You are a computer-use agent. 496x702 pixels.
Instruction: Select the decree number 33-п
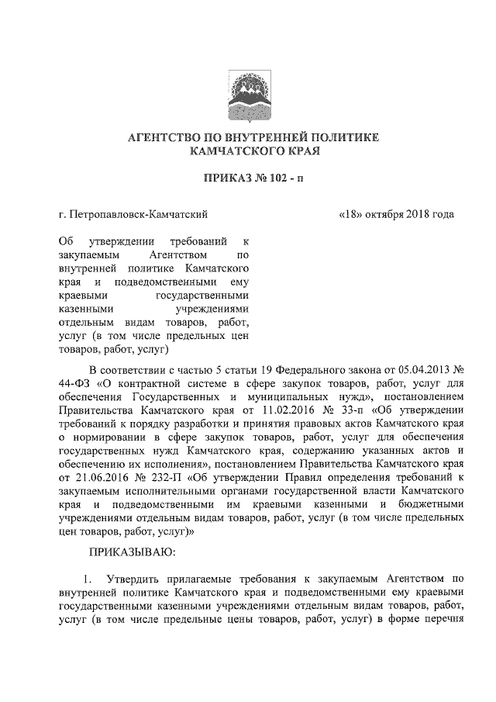[322, 409]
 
